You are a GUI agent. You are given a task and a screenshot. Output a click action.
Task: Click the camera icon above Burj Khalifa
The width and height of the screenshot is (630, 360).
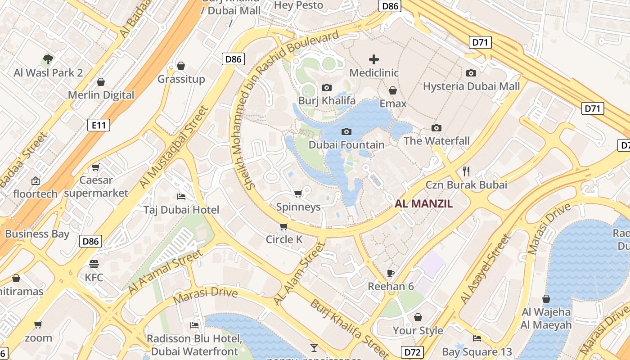[327, 87]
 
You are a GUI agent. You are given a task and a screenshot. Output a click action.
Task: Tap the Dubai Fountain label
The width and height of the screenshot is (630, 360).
[346, 145]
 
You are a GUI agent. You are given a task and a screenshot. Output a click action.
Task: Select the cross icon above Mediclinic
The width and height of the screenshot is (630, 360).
[374, 59]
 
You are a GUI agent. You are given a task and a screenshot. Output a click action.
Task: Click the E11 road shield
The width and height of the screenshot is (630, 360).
[99, 125]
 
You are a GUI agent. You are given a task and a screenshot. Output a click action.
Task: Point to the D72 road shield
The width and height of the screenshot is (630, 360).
[413, 351]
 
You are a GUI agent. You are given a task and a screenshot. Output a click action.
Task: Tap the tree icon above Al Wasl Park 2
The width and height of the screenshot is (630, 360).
[48, 59]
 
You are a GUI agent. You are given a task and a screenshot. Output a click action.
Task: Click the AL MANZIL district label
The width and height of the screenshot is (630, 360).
[423, 204]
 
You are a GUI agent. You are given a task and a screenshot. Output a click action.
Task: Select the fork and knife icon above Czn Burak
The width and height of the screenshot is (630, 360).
[466, 171]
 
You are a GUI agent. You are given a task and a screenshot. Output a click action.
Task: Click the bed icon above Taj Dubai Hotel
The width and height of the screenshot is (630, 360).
[181, 196]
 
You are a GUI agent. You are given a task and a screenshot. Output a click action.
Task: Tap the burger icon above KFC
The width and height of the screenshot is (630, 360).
[94, 264]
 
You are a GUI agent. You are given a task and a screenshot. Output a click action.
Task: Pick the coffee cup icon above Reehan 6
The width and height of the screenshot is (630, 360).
[391, 273]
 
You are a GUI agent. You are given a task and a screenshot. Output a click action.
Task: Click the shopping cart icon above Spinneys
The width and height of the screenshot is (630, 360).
[298, 193]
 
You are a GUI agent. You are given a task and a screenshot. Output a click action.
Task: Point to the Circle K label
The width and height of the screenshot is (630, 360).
[284, 239]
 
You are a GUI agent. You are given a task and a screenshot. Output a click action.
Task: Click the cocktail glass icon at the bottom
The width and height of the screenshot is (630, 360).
[314, 347]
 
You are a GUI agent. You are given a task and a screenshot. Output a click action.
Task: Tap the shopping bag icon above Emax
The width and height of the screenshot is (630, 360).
[393, 90]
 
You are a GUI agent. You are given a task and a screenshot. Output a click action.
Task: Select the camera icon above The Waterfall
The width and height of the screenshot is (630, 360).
[436, 128]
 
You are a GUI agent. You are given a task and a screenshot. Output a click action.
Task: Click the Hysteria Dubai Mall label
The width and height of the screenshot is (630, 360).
[471, 86]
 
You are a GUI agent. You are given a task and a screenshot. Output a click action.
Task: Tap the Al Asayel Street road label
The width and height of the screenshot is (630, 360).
[486, 269]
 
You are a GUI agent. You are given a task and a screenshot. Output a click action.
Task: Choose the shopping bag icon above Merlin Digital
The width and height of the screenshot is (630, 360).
[101, 82]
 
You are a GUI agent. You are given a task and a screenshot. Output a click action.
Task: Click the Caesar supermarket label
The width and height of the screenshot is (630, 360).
[96, 187]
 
